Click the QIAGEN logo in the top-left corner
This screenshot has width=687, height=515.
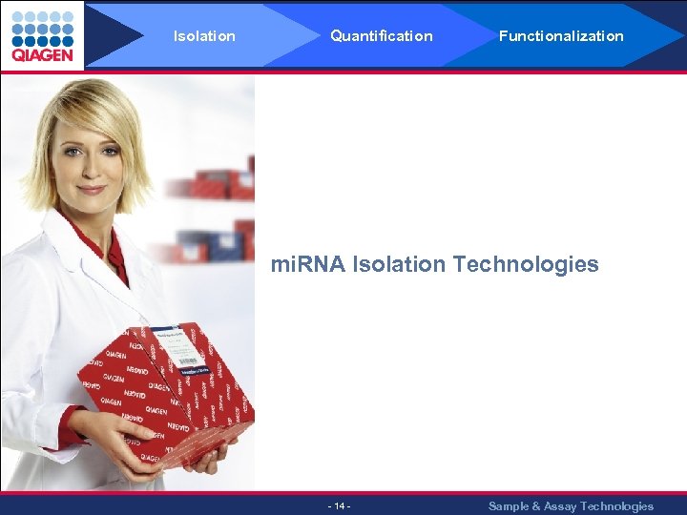pyautogui.click(x=42, y=35)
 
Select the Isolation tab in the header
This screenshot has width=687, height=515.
pyautogui.click(x=204, y=36)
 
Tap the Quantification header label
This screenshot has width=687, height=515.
pyautogui.click(x=381, y=36)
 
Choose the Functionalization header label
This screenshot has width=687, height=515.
pyautogui.click(x=561, y=36)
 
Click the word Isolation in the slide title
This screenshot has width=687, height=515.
pyautogui.click(x=399, y=264)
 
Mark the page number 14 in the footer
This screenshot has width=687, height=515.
pyautogui.click(x=339, y=505)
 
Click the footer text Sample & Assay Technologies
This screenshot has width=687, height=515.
pyautogui.click(x=571, y=505)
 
